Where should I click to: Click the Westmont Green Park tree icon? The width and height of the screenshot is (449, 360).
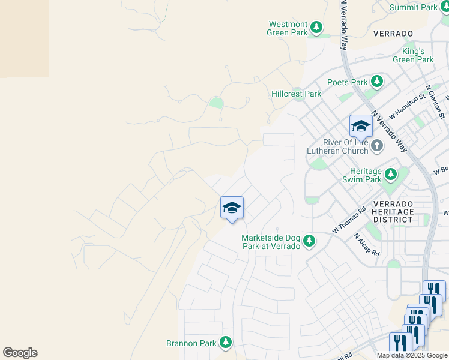316,27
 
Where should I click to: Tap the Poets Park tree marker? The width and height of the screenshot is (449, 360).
377,81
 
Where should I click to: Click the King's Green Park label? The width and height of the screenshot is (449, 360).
413,55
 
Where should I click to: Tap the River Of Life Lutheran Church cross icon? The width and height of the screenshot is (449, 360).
376,145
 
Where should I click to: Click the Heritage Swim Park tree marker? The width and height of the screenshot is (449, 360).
391,175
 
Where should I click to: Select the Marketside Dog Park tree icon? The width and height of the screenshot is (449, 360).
309,241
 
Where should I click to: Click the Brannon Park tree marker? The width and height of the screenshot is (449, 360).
226,343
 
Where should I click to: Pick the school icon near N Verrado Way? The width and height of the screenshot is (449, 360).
361,127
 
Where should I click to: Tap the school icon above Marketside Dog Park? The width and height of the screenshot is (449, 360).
232,208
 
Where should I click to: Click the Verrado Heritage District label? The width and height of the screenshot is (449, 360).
393,211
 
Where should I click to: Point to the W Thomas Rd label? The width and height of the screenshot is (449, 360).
349,221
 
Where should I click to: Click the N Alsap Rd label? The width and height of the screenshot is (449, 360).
367,244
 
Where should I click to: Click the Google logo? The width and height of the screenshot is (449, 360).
20,353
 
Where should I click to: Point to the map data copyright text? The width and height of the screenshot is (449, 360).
412,355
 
